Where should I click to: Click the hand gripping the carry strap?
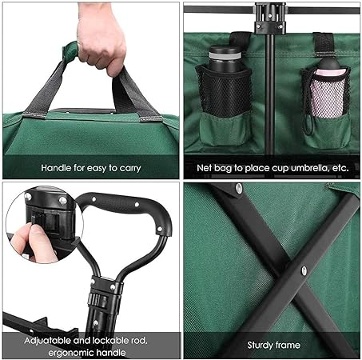tap(101, 40)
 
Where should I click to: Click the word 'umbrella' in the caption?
tap(310, 168)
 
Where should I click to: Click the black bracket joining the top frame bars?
tap(270, 18)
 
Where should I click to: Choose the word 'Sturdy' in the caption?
tap(260, 346)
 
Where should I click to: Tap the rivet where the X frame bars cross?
tap(304, 270)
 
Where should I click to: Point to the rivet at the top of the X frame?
tap(239, 188)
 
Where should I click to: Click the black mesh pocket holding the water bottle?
tap(225, 92)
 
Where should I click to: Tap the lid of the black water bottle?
tap(225, 51)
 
